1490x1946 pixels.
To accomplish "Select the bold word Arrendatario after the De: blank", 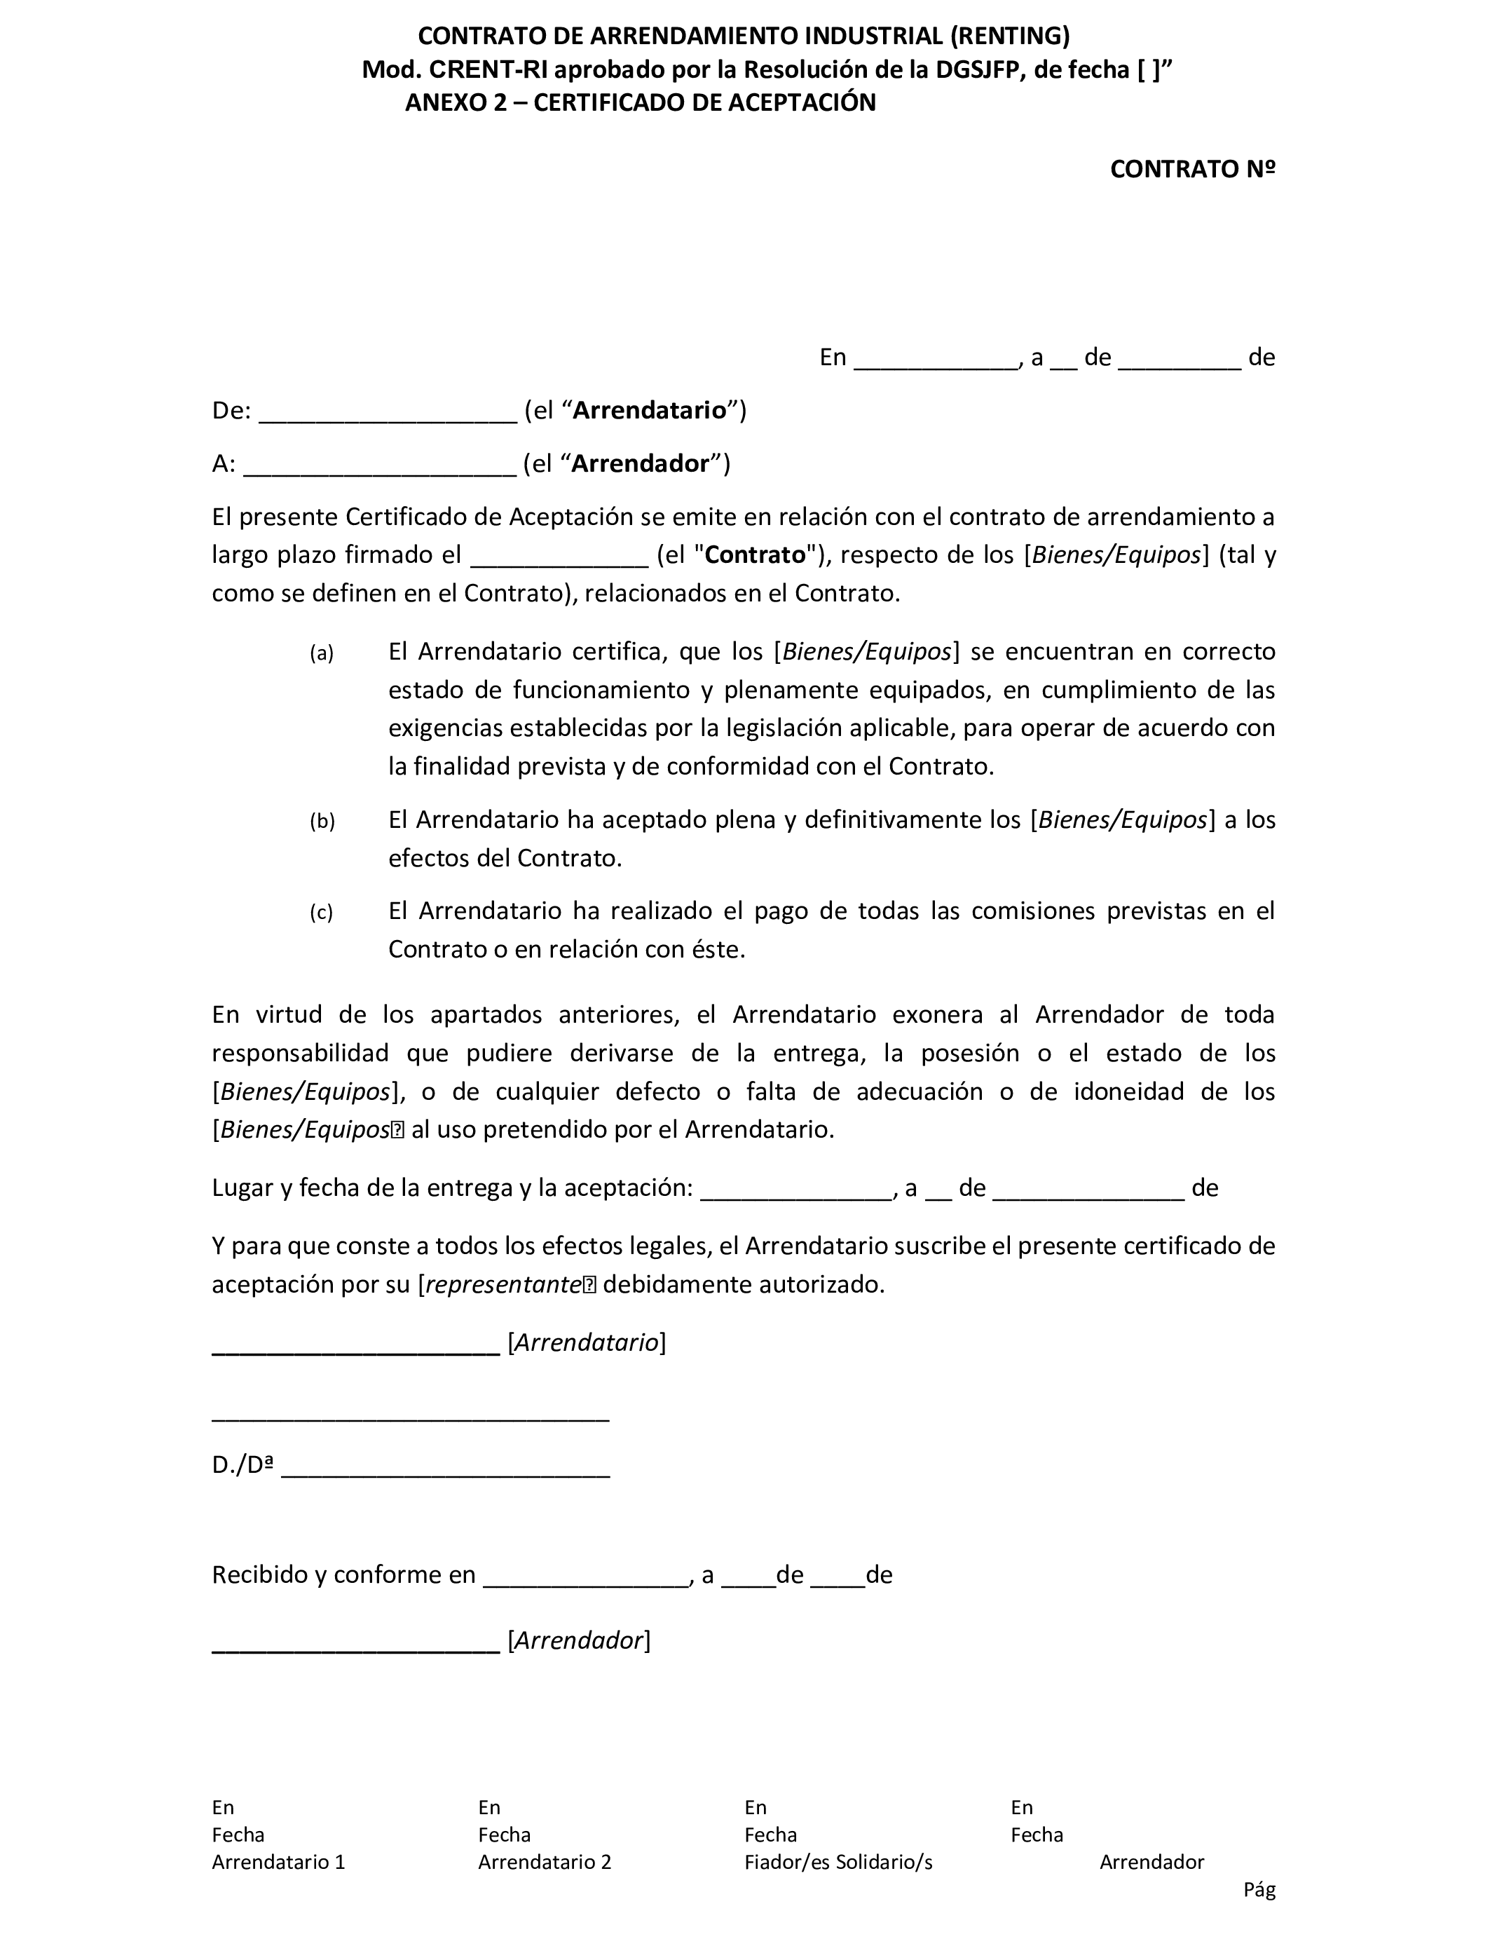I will (x=649, y=411).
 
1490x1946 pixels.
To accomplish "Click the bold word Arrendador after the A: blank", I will (x=641, y=464).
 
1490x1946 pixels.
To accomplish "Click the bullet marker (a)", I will (x=321, y=654).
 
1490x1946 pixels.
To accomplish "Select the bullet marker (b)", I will (x=322, y=822).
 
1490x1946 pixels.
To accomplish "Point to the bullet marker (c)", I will (x=321, y=913).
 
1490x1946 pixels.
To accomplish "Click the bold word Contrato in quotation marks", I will (x=755, y=555).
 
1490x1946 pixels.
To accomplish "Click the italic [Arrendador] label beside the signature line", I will (x=578, y=1640).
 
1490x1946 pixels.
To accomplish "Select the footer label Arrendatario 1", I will (x=278, y=1862).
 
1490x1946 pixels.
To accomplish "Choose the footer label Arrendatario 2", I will (x=545, y=1862).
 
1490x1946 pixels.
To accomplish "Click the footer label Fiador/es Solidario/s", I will (x=838, y=1862).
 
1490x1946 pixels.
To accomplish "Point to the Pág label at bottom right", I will (x=1259, y=1890).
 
